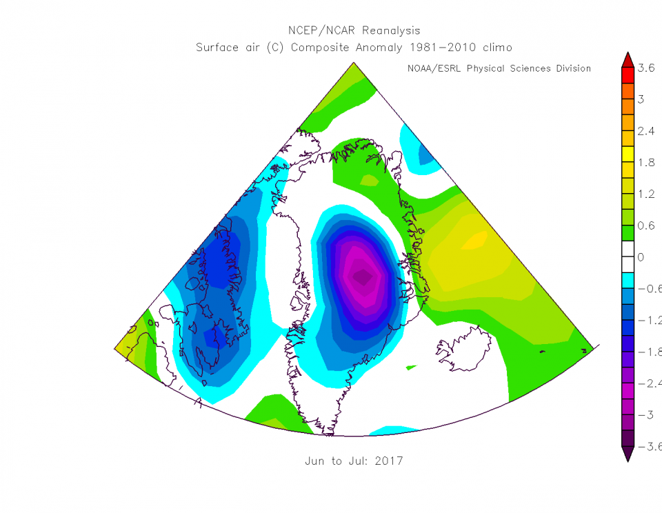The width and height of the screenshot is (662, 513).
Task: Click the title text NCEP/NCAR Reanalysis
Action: coord(354,31)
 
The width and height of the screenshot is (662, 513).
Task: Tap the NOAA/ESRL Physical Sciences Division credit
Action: coord(499,68)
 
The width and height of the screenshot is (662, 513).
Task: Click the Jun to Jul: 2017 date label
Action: coord(354,461)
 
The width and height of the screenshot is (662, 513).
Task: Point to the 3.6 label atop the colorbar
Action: coord(646,68)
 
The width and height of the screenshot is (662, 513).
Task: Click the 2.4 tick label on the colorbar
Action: coord(646,131)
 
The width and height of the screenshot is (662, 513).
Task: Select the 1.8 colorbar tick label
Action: coord(646,163)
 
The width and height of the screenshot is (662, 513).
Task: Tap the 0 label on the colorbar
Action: coord(641,257)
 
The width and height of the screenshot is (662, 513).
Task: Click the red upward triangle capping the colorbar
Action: coord(627,60)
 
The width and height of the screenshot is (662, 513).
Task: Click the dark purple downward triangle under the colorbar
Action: coord(627,454)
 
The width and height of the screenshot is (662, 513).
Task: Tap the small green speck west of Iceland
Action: coord(412,367)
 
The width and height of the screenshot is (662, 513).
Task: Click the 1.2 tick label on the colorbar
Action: coord(646,194)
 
